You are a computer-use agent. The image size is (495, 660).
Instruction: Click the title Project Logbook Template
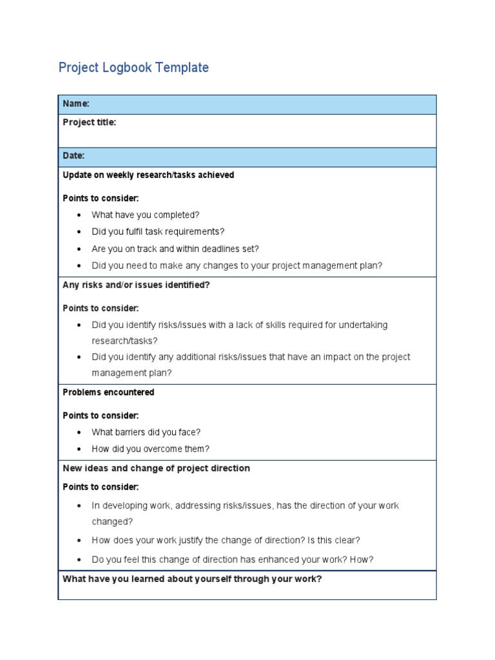coord(133,68)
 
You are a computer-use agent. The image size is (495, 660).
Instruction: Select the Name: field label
coord(76,104)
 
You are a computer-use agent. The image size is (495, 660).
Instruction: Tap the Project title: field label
coord(90,122)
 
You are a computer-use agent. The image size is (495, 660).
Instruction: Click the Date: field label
coord(73,156)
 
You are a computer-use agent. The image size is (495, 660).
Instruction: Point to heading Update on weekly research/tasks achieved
coord(148,175)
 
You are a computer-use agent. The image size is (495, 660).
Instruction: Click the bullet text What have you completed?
coord(146,215)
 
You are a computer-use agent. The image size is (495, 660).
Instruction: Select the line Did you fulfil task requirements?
coord(158,231)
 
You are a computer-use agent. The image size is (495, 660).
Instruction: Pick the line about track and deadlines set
coord(175,249)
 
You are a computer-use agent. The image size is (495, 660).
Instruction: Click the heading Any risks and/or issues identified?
coord(136,285)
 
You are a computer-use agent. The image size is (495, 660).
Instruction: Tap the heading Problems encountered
coord(108,392)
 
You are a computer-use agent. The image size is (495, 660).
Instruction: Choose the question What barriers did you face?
coord(146,432)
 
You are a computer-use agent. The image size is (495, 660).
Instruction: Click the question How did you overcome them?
coord(150,449)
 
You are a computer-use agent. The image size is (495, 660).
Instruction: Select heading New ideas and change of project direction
coord(156,468)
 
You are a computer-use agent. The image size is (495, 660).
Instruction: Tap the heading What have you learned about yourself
coord(192,579)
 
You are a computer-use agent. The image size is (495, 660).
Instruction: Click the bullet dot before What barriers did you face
coord(79,432)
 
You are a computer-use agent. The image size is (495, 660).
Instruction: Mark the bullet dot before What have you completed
coord(79,215)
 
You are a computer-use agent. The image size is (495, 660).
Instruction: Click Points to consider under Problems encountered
coord(101,416)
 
